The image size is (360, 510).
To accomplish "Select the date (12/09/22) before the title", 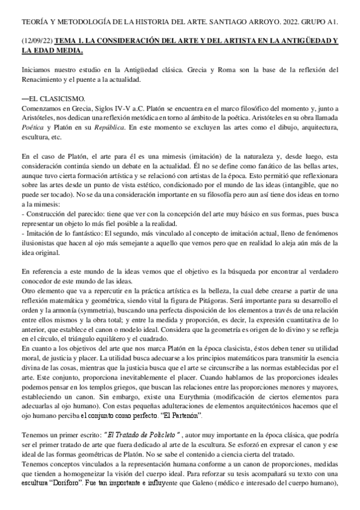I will point(36,41).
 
